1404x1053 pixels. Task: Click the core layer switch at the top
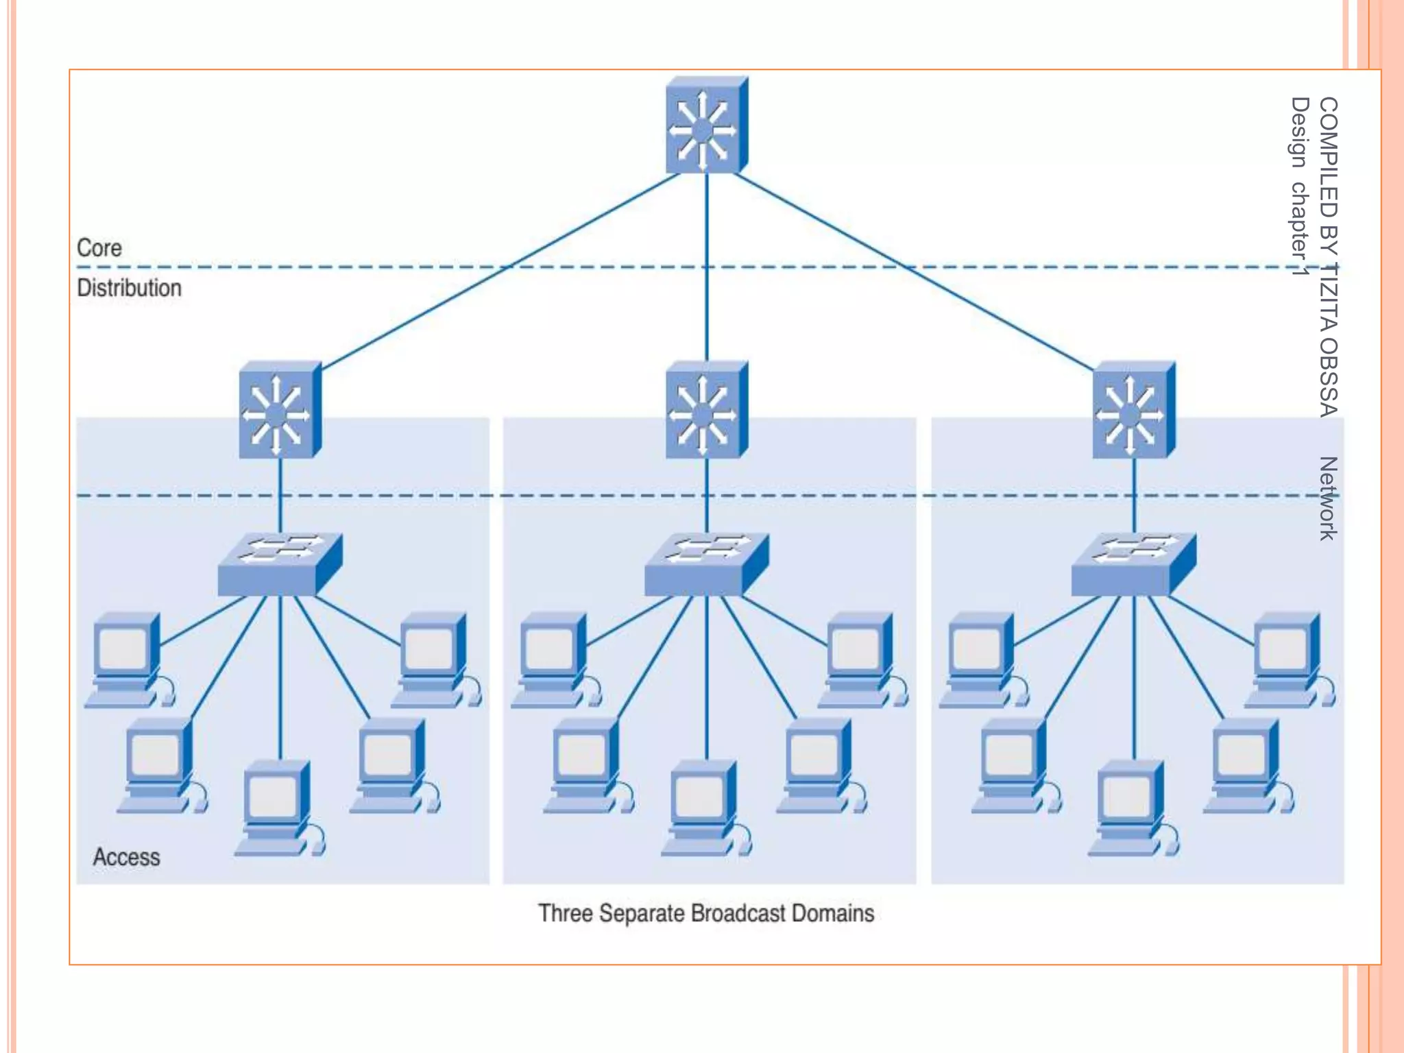[705, 126]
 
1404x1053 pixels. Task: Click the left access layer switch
[279, 565]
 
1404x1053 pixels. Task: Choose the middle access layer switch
[705, 565]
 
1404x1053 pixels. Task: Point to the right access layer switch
[1133, 565]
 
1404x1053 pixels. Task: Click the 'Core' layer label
[99, 248]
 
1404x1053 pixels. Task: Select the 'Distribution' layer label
[129, 288]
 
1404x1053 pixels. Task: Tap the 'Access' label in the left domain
[126, 857]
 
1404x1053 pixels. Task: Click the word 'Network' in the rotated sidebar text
[1327, 498]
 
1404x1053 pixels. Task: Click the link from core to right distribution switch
[912, 269]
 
